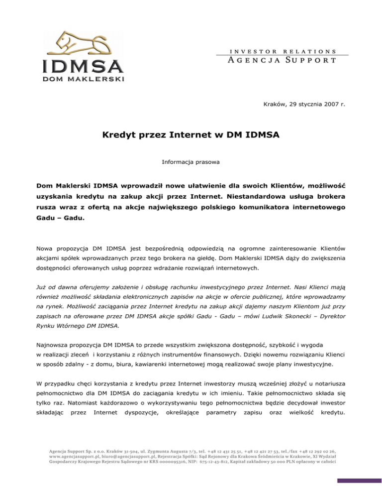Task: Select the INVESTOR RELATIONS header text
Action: [278, 51]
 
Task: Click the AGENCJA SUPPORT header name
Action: [278, 61]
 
